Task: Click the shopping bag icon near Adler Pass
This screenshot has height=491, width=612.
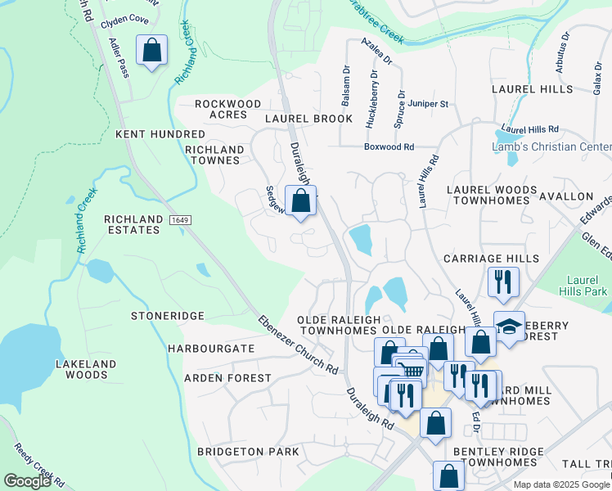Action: [152, 51]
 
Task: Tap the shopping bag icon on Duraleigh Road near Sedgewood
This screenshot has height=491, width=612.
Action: [301, 200]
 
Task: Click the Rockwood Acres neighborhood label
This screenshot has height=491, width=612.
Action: [228, 109]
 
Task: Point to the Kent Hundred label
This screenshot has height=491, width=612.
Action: [160, 133]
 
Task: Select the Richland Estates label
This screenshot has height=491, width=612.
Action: [132, 224]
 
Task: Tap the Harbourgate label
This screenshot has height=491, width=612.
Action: [211, 349]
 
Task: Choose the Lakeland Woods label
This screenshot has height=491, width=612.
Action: [81, 368]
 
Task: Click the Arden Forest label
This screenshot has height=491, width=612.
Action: [227, 378]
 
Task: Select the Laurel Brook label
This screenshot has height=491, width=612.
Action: [308, 119]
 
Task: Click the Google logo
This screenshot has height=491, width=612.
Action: [27, 480]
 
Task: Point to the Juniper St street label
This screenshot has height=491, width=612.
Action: [429, 104]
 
